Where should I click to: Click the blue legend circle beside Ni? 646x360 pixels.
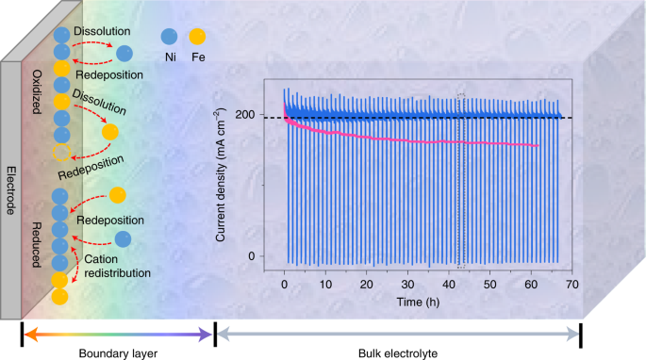tap(168, 37)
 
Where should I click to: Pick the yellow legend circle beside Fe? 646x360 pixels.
tap(196, 37)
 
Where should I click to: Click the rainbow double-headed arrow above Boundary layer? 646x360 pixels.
tap(117, 333)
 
